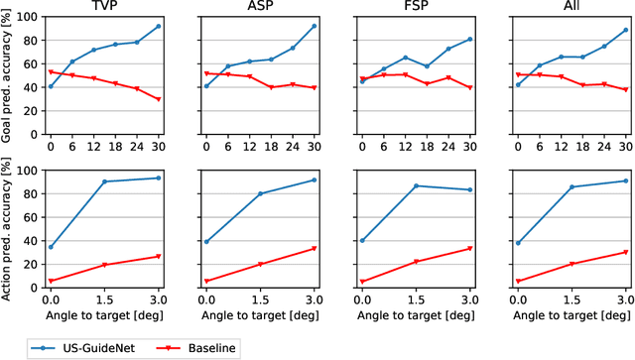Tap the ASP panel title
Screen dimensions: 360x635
[x=261, y=8]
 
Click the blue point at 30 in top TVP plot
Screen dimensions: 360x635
[x=158, y=27]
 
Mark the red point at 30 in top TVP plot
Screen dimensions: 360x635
[x=158, y=99]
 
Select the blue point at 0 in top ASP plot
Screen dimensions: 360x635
[x=206, y=86]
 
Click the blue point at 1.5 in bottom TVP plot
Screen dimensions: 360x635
[x=104, y=181]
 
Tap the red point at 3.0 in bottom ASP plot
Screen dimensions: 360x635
[x=315, y=249]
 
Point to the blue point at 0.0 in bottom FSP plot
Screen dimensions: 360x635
[x=362, y=241]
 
